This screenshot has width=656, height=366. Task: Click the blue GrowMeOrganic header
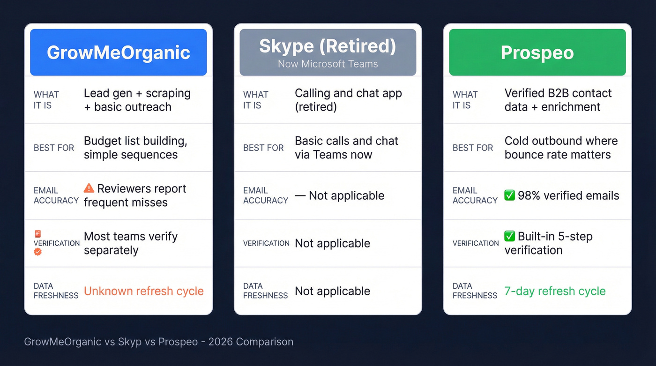(x=118, y=52)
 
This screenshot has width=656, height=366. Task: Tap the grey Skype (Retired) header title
(x=328, y=46)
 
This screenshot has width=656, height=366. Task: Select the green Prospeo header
(x=537, y=52)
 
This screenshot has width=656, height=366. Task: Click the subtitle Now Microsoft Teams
(x=328, y=64)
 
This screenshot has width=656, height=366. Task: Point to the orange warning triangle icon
(x=89, y=188)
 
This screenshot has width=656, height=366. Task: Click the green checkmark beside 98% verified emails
(x=509, y=195)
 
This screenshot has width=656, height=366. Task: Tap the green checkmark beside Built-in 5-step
(x=509, y=236)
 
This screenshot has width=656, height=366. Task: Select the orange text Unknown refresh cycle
(x=143, y=291)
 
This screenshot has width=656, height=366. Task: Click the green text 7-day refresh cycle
(x=555, y=291)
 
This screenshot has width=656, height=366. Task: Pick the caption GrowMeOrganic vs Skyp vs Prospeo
(x=158, y=342)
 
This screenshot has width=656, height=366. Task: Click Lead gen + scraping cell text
(x=137, y=100)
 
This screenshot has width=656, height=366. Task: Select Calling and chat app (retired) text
(x=348, y=100)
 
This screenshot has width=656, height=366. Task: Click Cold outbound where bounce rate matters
(x=561, y=148)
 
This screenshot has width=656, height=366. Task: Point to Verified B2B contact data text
(x=558, y=100)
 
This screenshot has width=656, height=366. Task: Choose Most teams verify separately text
(x=130, y=243)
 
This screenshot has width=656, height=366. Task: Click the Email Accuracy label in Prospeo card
(x=475, y=195)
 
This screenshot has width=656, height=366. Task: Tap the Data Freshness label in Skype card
(x=265, y=291)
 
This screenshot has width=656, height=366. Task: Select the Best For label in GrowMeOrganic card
(x=54, y=148)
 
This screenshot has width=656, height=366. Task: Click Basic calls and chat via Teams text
(x=346, y=148)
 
